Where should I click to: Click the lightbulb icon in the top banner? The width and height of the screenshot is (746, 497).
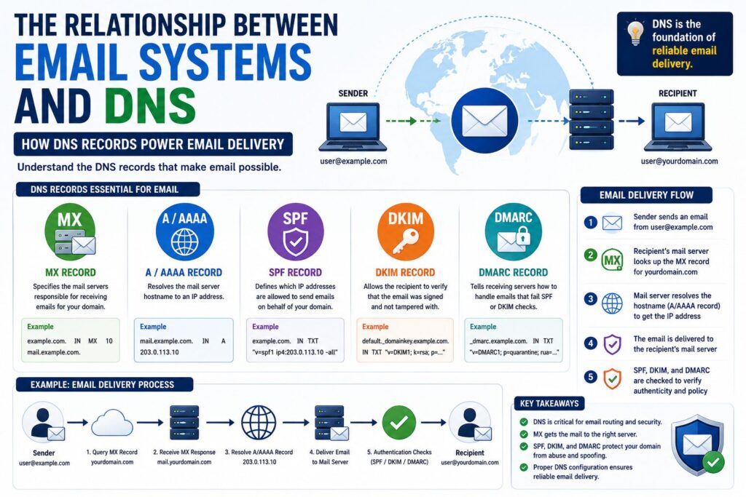point(635,32)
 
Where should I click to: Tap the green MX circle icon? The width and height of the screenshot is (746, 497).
point(70,231)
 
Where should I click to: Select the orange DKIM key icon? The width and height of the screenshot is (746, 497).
point(405,231)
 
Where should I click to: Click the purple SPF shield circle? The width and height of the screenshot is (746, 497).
point(296,231)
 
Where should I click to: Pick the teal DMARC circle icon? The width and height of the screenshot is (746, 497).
point(514,231)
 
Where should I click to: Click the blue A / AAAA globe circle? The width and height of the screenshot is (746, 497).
point(184,231)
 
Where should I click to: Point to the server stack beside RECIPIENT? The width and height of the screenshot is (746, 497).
point(592,119)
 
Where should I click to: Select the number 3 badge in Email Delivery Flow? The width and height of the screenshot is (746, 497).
point(590,299)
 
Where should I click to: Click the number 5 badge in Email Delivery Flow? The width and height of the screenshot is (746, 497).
point(590,377)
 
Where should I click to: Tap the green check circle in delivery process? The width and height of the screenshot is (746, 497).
point(399,422)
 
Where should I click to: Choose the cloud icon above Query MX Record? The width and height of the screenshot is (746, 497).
point(111,422)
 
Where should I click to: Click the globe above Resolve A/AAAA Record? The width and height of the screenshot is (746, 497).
point(259,422)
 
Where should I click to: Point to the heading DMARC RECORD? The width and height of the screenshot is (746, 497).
point(514,273)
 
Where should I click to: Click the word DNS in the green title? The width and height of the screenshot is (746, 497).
point(150,105)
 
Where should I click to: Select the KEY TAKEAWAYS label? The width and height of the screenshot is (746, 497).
point(549,403)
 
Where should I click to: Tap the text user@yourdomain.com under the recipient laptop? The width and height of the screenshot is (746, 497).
point(680,161)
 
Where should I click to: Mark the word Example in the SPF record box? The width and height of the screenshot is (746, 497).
point(265,327)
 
